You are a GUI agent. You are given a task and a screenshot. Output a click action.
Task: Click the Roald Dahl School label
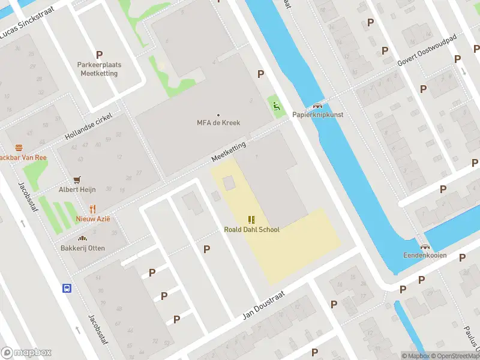tap(251, 229)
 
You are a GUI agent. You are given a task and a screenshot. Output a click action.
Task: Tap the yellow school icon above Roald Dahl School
tap(251, 220)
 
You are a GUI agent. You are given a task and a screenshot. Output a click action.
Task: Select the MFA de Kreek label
tap(218, 122)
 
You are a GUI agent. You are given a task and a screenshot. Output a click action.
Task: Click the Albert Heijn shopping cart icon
tap(77, 179)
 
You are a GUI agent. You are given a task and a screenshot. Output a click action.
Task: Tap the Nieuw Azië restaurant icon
tap(92, 209)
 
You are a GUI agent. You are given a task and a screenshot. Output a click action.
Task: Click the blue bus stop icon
tap(67, 288)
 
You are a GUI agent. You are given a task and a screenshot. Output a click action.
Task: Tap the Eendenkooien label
tap(425, 254)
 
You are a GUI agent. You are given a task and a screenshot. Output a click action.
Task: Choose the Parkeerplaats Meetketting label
tap(99, 69)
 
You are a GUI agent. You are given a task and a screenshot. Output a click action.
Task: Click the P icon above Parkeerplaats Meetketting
tap(99, 55)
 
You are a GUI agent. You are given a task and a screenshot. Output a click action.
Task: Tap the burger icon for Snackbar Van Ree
tap(19, 148)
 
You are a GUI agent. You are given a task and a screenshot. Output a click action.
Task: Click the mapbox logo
tap(26, 352)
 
